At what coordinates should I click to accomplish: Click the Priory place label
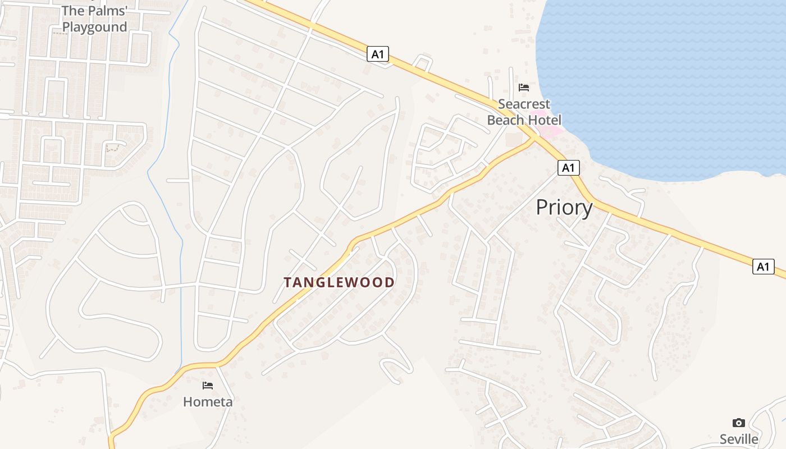click(x=564, y=208)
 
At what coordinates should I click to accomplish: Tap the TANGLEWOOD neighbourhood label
click(x=339, y=282)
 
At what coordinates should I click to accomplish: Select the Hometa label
click(x=208, y=402)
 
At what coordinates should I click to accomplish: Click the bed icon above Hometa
click(x=208, y=386)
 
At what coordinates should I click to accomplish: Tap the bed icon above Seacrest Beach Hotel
click(x=524, y=88)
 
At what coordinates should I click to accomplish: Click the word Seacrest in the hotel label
click(x=524, y=104)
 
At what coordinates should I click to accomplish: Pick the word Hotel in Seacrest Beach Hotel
click(x=543, y=120)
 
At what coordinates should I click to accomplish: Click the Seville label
click(x=739, y=439)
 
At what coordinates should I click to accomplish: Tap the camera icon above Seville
click(x=739, y=423)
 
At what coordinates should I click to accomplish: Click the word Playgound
click(x=94, y=27)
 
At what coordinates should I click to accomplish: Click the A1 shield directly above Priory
click(x=569, y=167)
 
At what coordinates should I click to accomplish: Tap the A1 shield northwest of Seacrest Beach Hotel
click(x=378, y=54)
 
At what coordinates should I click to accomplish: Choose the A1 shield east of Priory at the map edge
click(x=763, y=267)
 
